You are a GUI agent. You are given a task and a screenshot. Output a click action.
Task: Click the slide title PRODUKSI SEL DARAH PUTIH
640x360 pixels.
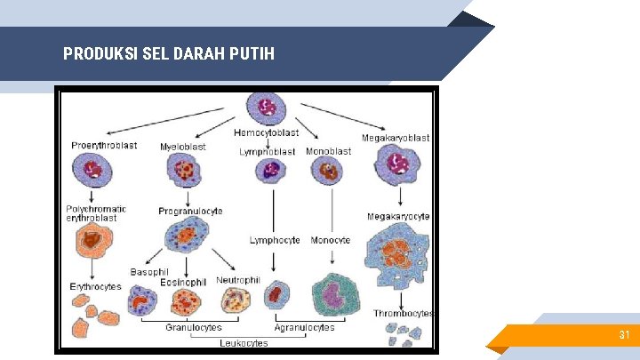(169, 54)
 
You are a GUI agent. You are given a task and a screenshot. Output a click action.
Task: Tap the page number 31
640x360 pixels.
(624, 335)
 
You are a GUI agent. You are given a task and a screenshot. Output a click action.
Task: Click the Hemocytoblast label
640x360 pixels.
(266, 133)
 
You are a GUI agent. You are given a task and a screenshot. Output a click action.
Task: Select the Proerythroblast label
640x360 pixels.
(104, 146)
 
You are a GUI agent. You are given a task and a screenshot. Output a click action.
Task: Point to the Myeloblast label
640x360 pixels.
(182, 147)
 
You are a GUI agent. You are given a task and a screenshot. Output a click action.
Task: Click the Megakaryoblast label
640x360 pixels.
(395, 138)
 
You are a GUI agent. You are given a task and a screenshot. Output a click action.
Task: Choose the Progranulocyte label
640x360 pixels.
(190, 212)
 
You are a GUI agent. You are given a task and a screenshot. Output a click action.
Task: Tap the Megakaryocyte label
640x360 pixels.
(398, 216)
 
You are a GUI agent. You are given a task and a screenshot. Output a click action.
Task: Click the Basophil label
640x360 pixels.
(148, 272)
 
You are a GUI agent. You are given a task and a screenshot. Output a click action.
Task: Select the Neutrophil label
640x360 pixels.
(237, 280)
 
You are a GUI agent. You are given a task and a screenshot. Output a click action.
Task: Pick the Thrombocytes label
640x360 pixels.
(403, 313)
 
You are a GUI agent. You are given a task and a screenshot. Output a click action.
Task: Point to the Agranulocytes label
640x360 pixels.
(305, 327)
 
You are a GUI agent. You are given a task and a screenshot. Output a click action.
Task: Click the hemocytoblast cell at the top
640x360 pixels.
(266, 108)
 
